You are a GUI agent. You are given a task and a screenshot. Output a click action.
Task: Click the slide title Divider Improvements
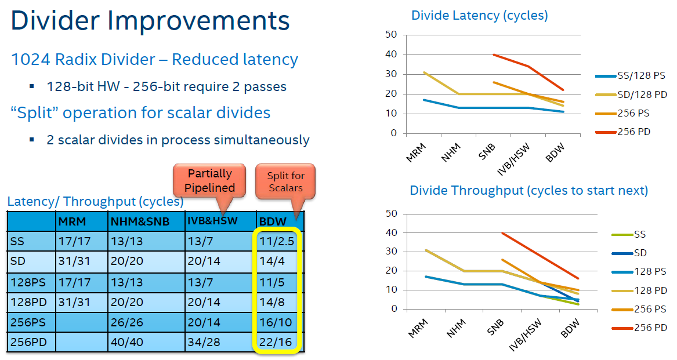pos(150,21)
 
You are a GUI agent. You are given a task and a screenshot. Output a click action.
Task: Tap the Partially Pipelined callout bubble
pos(210,180)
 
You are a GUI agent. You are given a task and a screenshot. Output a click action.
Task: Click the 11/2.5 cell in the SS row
pos(277,240)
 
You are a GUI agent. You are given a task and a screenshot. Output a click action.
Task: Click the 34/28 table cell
pos(204,342)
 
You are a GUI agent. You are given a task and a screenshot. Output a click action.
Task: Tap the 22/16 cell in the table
pos(277,342)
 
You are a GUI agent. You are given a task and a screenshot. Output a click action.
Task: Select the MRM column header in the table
pos(71,221)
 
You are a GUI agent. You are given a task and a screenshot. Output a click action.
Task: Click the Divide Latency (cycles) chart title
pos(479,16)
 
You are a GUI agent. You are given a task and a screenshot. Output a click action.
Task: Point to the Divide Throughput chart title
pos(528,191)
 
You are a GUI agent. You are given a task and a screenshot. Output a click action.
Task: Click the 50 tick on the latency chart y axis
pos(390,35)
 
